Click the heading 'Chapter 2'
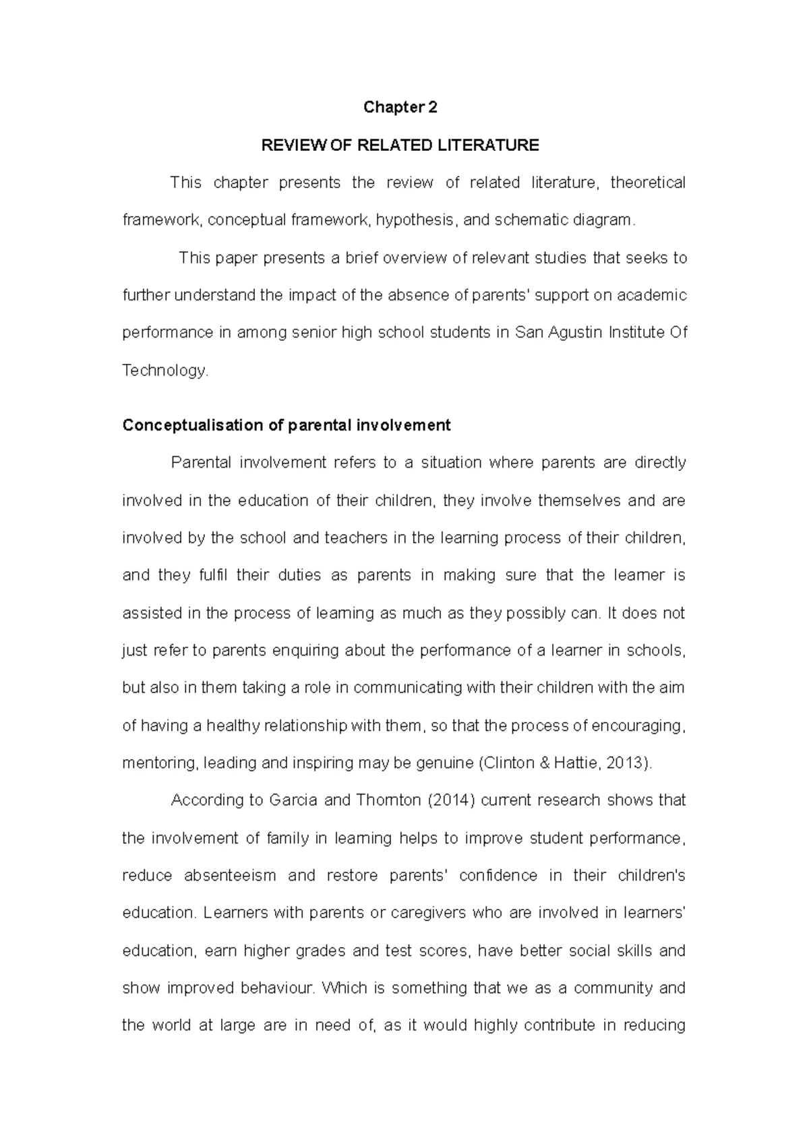tap(400, 108)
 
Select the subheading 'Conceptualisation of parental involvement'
tap(287, 426)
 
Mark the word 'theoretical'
tap(647, 183)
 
